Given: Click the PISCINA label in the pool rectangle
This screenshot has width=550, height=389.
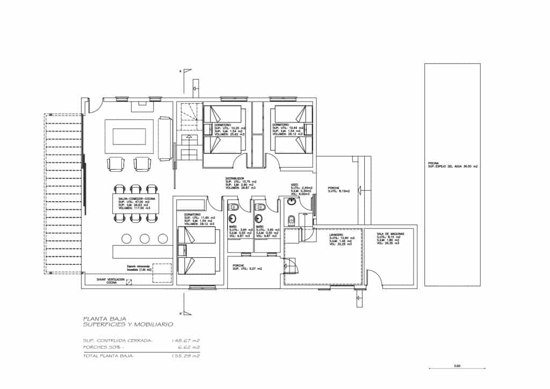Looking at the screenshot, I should pyautogui.click(x=434, y=163).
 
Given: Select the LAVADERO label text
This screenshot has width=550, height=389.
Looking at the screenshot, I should pyautogui.click(x=337, y=234).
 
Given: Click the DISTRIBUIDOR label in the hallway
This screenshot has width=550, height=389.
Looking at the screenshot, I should pyautogui.click(x=235, y=178).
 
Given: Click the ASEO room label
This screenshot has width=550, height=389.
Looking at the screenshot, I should pyautogui.click(x=294, y=184).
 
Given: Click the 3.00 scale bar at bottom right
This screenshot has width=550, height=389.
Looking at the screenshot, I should pyautogui.click(x=457, y=368).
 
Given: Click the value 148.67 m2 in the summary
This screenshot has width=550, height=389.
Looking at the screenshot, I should pyautogui.click(x=185, y=341).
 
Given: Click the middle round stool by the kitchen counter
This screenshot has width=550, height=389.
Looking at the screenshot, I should pyautogui.click(x=144, y=239).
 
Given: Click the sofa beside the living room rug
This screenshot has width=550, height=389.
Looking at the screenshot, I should pyautogui.click(x=165, y=139).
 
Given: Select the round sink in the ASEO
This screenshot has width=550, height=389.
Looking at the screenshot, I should pyautogui.click(x=292, y=202).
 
